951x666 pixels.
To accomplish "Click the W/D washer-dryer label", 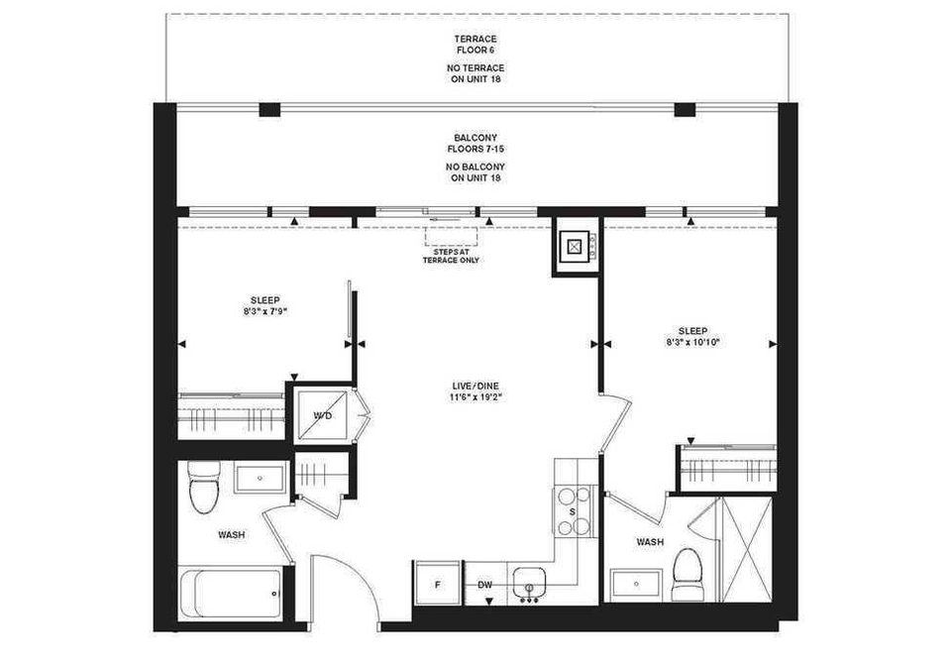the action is click(323, 416).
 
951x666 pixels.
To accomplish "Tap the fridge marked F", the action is click(438, 583).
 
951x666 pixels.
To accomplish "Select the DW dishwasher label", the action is click(484, 586).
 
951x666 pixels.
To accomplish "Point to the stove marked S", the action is click(574, 511).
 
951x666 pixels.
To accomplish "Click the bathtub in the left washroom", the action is click(231, 595).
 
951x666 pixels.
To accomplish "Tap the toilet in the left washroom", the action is click(204, 487).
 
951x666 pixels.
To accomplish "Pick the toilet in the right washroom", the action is click(687, 575).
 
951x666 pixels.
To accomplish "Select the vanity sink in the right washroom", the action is click(636, 584).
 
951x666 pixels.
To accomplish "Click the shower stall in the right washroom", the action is click(745, 549).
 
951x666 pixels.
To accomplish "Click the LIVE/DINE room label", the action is click(475, 387).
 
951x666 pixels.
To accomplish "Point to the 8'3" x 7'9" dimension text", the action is click(265, 311).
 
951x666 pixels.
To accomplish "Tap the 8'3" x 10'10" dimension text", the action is click(692, 342).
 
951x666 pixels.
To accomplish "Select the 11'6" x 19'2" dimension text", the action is click(475, 397).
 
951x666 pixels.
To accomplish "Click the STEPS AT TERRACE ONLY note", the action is click(451, 256).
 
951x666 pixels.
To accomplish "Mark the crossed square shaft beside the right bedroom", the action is click(575, 246).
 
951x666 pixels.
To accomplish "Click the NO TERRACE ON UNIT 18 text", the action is click(475, 73).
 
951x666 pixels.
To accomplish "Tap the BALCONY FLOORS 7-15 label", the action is click(475, 143).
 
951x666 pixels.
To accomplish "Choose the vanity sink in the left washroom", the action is click(261, 478).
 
